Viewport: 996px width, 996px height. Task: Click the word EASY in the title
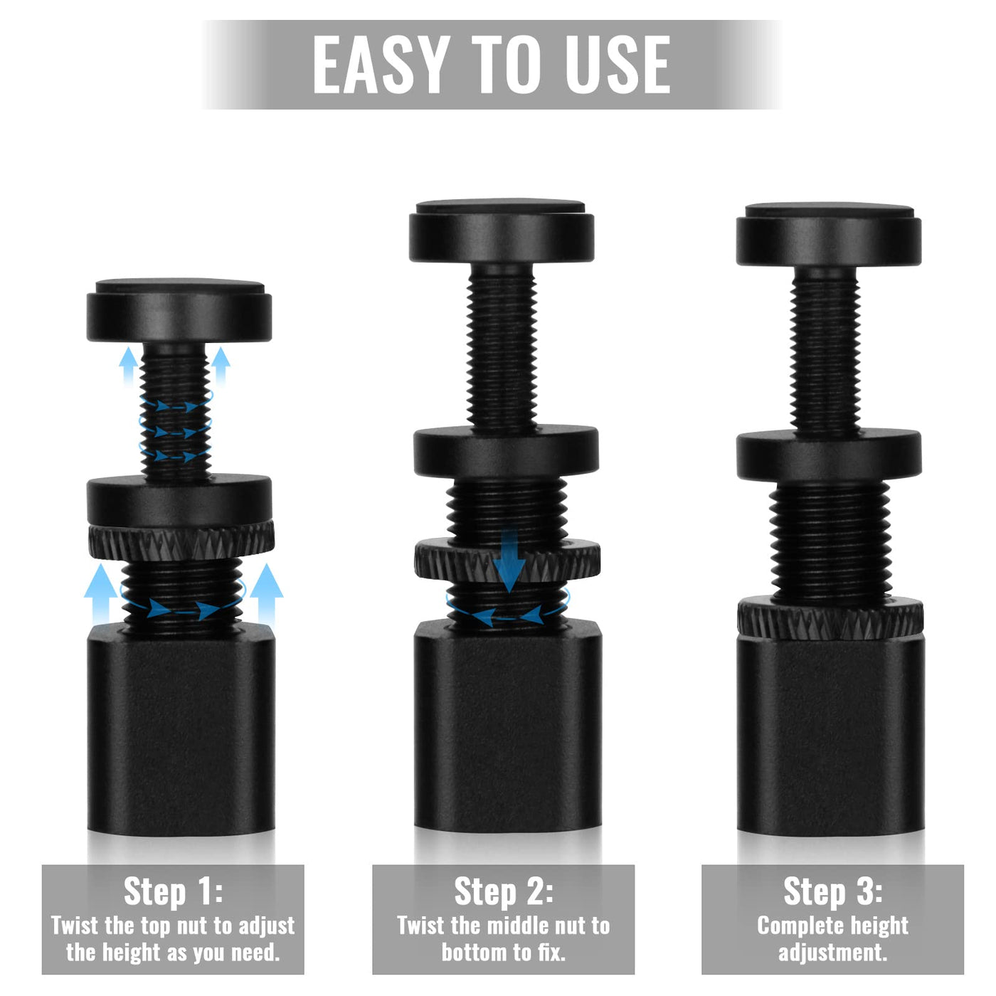pos(381,65)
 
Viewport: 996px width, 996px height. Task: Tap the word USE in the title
pos(618,65)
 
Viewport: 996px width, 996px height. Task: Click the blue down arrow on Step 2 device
pos(509,561)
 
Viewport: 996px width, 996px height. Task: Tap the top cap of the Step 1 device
pos(179,310)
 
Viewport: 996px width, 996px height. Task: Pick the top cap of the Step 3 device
pos(829,234)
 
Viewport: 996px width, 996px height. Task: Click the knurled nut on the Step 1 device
pos(181,541)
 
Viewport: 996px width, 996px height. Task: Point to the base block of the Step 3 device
pos(831,736)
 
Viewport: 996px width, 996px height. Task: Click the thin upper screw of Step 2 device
pos(502,346)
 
